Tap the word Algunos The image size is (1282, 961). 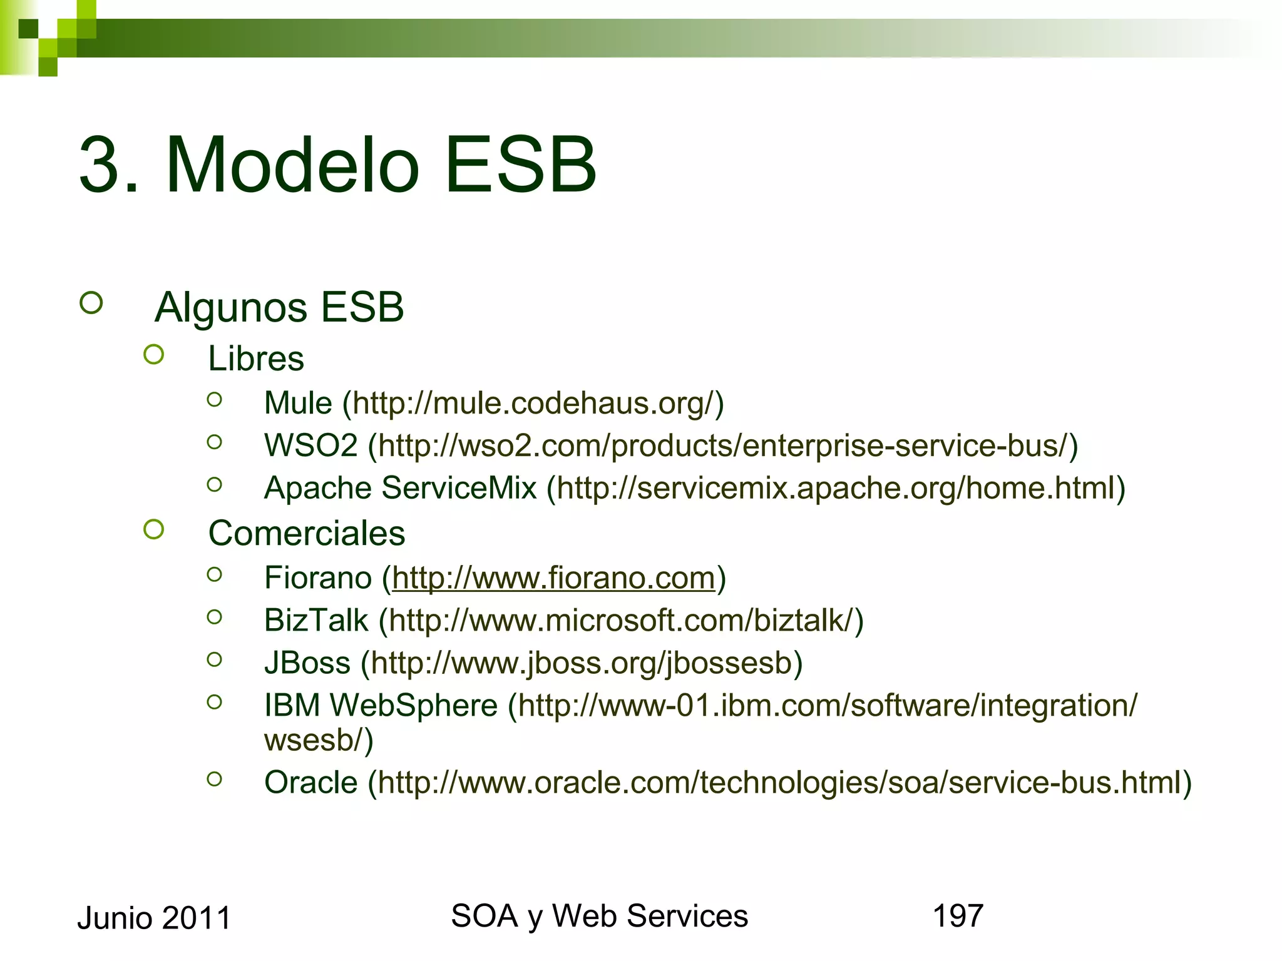[x=231, y=308]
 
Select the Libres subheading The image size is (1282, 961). [x=256, y=358]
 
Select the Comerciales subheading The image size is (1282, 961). [x=307, y=533]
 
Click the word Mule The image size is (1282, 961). [x=298, y=403]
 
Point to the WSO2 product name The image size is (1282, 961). [x=310, y=445]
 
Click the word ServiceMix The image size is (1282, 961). [x=459, y=488]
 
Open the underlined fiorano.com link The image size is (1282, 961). [x=553, y=577]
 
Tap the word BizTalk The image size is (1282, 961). [x=316, y=620]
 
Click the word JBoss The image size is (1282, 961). [x=307, y=663]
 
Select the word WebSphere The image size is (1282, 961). [x=413, y=705]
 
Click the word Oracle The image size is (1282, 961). [x=310, y=782]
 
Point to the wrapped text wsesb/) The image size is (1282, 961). [x=318, y=740]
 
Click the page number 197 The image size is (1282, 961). [x=958, y=916]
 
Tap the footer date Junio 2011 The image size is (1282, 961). [x=154, y=918]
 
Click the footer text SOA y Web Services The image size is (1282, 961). [x=599, y=916]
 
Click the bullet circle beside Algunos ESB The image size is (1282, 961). [x=91, y=303]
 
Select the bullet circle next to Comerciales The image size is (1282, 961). [x=153, y=529]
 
